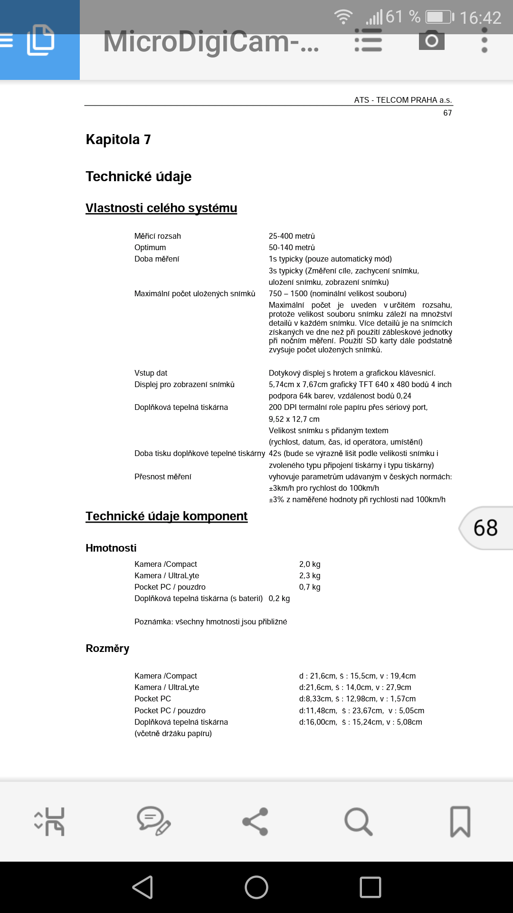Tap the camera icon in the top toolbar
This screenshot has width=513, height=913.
click(431, 40)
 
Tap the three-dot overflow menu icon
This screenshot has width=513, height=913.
click(484, 40)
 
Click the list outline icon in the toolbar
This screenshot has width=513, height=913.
click(368, 40)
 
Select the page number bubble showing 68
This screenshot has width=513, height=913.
click(485, 528)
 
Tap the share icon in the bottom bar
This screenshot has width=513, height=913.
click(256, 821)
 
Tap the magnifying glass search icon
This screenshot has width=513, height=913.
click(358, 821)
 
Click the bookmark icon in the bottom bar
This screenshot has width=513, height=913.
click(460, 821)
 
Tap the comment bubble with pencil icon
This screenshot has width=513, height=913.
click(153, 821)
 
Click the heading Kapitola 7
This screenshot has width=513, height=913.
click(118, 139)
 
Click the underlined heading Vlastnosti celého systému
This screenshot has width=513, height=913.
click(161, 208)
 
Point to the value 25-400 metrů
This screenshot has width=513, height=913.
click(292, 236)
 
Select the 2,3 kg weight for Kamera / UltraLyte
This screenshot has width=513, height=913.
click(310, 575)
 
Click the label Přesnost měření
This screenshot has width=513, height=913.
click(162, 476)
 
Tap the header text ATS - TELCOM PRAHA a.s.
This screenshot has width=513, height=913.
click(403, 100)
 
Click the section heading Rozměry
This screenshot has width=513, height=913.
click(107, 649)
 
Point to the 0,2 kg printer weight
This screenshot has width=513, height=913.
click(279, 598)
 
